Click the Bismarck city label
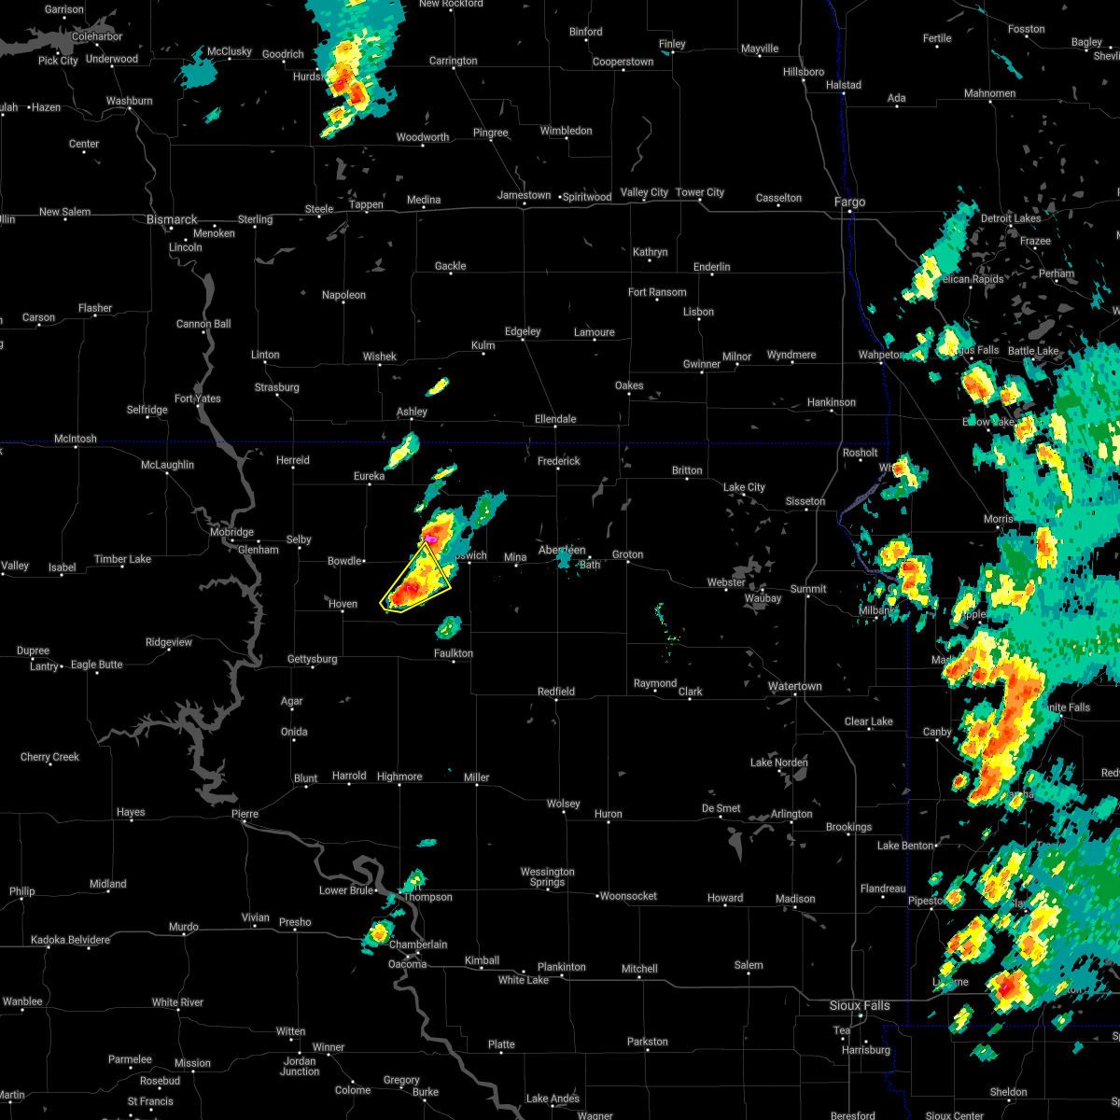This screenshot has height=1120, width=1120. click(x=172, y=219)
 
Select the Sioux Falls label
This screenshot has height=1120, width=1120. click(x=860, y=1005)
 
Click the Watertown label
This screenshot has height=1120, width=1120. click(x=794, y=686)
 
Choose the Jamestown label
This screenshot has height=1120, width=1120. click(x=524, y=195)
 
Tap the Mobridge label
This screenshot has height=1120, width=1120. click(x=231, y=532)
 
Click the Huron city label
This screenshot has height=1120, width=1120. click(x=608, y=814)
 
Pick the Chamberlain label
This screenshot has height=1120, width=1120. click(x=417, y=945)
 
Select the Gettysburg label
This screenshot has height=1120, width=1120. click(x=312, y=659)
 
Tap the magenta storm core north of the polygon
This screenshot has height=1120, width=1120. click(x=430, y=539)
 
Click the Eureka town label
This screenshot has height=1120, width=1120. click(x=368, y=476)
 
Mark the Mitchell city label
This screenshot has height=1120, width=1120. click(x=639, y=969)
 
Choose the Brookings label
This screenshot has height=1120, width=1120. click(x=848, y=827)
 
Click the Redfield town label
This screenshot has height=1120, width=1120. click(x=555, y=692)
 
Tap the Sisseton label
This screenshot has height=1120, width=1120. click(x=805, y=501)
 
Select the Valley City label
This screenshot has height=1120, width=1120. click(x=644, y=192)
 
